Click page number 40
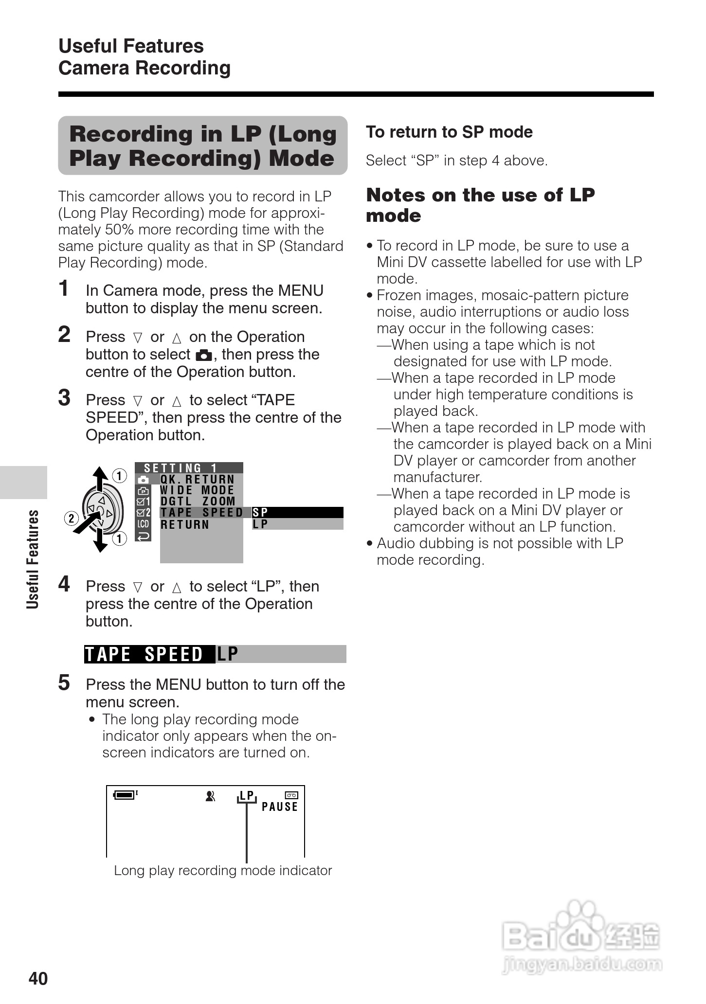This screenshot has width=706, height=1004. pyautogui.click(x=38, y=978)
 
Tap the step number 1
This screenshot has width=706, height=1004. pyautogui.click(x=64, y=288)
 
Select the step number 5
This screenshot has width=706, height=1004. pyautogui.click(x=64, y=683)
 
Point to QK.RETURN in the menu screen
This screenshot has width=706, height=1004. pyautogui.click(x=198, y=480)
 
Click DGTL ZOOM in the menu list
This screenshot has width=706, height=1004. pyautogui.click(x=198, y=501)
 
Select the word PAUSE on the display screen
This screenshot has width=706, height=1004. pyautogui.click(x=280, y=807)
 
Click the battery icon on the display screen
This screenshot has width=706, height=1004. pyautogui.click(x=125, y=795)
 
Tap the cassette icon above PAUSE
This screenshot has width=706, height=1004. pyautogui.click(x=291, y=795)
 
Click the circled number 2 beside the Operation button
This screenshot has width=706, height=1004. pyautogui.click(x=71, y=518)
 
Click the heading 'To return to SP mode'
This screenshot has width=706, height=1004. pyautogui.click(x=449, y=132)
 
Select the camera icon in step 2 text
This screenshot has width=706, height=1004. pyautogui.click(x=204, y=355)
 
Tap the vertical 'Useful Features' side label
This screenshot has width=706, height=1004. pyautogui.click(x=33, y=559)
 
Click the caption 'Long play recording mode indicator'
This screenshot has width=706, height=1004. pyautogui.click(x=223, y=870)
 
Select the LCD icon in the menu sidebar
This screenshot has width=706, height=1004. pyautogui.click(x=143, y=524)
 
